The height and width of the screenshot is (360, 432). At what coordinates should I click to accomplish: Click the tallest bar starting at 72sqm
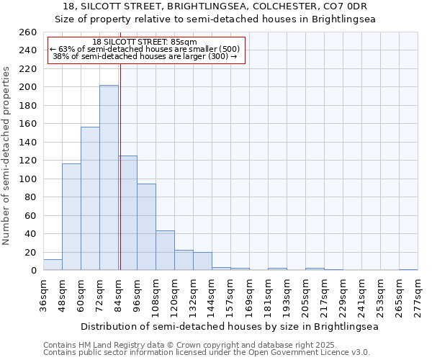tap(109, 178)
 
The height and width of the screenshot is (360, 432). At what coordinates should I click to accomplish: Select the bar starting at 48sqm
tap(71, 217)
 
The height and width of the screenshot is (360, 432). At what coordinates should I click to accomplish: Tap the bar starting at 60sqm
tap(90, 199)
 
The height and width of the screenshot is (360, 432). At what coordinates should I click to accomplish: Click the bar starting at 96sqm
tap(146, 227)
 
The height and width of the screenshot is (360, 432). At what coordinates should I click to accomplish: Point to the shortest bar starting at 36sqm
tap(53, 265)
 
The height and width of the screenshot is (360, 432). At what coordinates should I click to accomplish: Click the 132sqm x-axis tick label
tap(193, 295)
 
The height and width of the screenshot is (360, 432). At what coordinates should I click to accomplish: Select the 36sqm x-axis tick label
tap(43, 295)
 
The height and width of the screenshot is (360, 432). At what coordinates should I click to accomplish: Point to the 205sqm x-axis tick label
tap(305, 295)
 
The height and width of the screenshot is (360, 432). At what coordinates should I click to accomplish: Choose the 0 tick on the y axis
tap(33, 271)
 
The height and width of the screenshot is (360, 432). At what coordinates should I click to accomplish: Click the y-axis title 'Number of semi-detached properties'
tap(7, 156)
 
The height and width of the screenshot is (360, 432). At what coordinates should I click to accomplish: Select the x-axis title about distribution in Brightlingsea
tap(229, 326)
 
